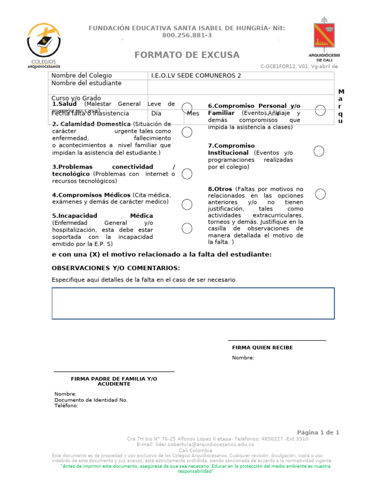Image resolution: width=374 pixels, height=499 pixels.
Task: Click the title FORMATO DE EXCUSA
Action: click(187, 55)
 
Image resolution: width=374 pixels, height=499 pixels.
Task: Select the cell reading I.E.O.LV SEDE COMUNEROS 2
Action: click(196, 76)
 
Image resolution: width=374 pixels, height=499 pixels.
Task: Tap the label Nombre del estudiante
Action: click(86, 83)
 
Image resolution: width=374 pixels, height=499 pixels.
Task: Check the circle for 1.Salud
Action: click(187, 108)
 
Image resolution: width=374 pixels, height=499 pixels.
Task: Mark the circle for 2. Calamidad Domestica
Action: click(187, 132)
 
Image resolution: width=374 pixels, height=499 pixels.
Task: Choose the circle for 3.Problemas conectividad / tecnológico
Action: click(187, 173)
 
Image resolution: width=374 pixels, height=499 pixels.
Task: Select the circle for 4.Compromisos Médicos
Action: click(187, 204)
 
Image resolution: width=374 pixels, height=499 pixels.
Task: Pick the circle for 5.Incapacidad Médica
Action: click(187, 228)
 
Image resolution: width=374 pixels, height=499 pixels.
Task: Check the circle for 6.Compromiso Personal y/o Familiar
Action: click(320, 110)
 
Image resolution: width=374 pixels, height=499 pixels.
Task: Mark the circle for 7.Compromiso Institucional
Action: click(319, 151)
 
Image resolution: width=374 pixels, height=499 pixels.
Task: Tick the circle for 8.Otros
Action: click(320, 194)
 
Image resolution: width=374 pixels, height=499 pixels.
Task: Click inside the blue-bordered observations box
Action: click(193, 303)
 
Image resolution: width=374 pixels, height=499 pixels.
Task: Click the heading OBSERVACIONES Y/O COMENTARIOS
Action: click(116, 268)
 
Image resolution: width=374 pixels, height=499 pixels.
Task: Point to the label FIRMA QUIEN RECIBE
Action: click(262, 348)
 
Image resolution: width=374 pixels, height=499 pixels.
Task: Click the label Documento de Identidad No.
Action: click(91, 400)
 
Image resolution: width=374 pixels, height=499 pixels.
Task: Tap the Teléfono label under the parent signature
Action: click(66, 405)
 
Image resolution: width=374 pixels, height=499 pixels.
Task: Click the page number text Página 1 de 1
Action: click(318, 432)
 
